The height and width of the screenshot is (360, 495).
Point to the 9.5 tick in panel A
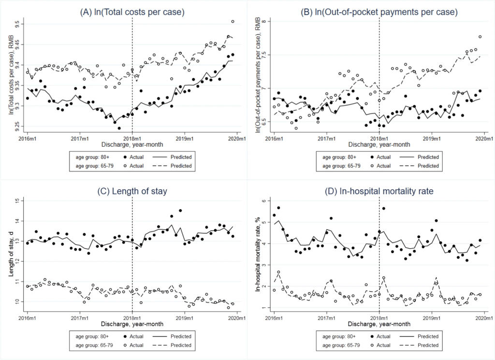(17, 23)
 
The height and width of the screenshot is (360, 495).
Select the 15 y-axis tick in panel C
(18, 200)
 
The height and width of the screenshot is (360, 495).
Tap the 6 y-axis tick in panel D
(264, 200)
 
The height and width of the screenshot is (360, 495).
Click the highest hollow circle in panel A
(233, 21)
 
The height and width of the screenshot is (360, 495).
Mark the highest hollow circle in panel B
(480, 37)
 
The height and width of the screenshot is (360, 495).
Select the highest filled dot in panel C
(180, 210)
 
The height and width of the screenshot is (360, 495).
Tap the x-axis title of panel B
(379, 144)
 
